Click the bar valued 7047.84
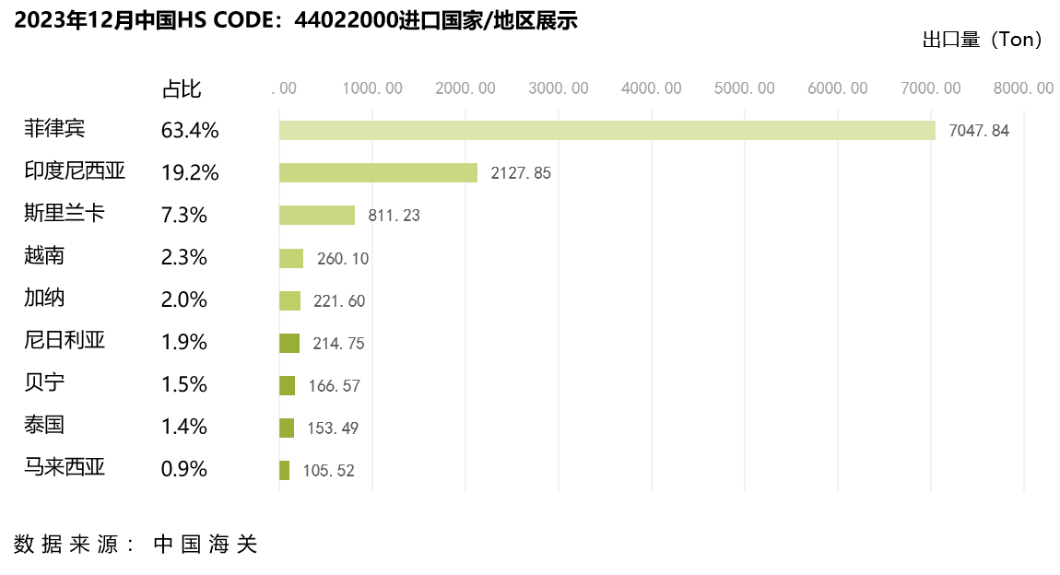[x=607, y=131]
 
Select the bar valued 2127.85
[x=378, y=173]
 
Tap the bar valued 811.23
[x=317, y=216]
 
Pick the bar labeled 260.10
[x=291, y=259]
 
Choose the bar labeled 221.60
[x=289, y=301]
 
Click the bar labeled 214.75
[x=289, y=344]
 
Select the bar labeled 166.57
[x=287, y=386]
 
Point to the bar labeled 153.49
[x=287, y=428]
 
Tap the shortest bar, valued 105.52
[x=284, y=471]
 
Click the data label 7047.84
[x=979, y=131]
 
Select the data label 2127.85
[x=521, y=173]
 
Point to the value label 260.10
[x=343, y=259]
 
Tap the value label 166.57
[x=335, y=386]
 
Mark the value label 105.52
[x=328, y=471]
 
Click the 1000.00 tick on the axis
[x=372, y=88]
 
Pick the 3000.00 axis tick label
[x=559, y=88]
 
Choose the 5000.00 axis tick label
[x=745, y=88]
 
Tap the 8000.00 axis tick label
[x=1023, y=88]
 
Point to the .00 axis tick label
[x=284, y=88]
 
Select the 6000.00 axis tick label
[x=838, y=88]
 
